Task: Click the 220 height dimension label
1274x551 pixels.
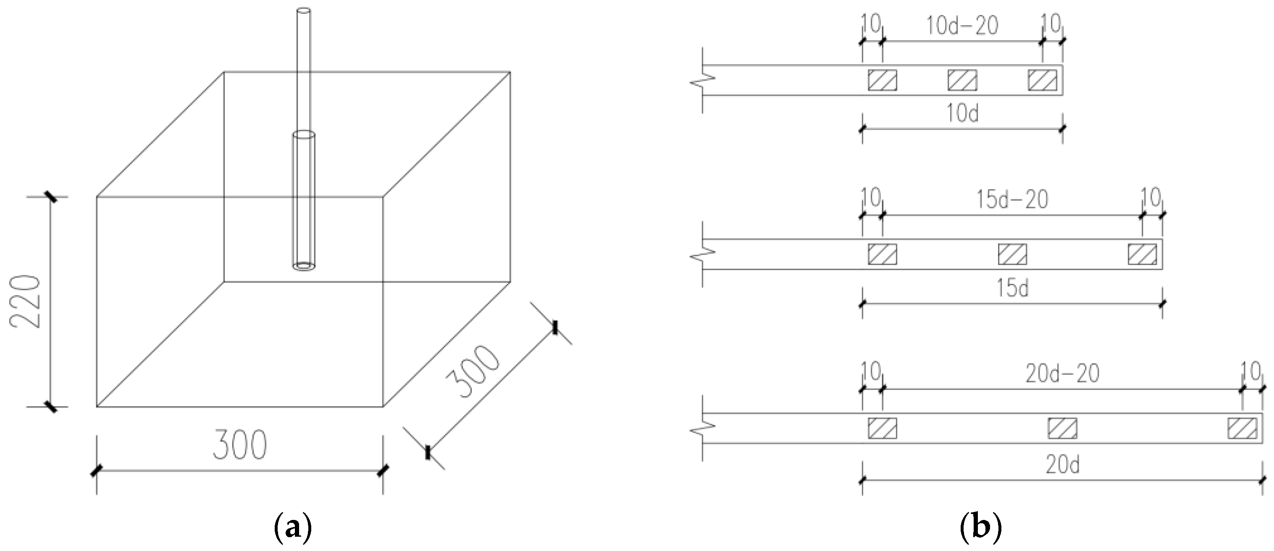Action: click(25, 302)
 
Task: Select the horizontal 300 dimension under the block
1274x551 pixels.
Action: click(239, 445)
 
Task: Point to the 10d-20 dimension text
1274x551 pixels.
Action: click(961, 26)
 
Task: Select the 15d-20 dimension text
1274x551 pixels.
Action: click(1012, 200)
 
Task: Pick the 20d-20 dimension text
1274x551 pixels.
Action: click(1062, 374)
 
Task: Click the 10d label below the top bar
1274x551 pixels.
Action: click(962, 114)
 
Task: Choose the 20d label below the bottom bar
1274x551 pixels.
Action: click(1062, 465)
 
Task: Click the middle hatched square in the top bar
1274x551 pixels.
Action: click(962, 80)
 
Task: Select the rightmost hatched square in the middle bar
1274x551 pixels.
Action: click(1142, 254)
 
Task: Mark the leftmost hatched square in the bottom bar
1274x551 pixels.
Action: click(882, 428)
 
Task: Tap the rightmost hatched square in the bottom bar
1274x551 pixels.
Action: click(1242, 428)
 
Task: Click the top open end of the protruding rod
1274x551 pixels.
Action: click(303, 10)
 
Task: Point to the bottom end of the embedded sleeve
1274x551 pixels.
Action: click(304, 266)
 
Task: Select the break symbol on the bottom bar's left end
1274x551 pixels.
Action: click(703, 428)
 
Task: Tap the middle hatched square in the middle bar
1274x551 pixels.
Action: click(1012, 254)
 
